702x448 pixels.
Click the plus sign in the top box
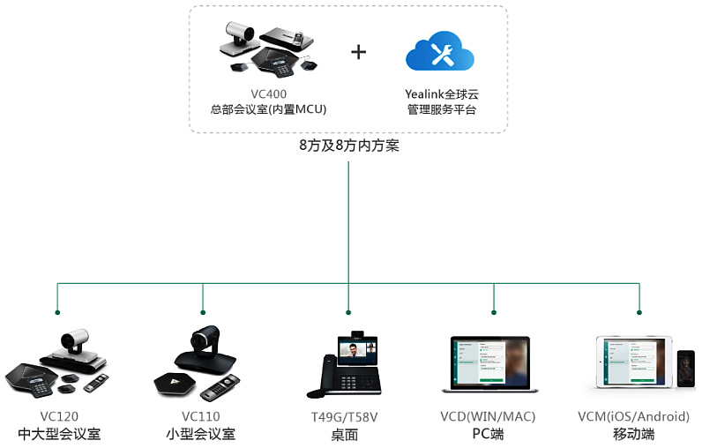358,51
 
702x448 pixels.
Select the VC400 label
268,93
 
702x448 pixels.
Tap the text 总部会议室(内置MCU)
268,109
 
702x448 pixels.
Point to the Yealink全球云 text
442,93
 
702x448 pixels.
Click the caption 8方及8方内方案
349,146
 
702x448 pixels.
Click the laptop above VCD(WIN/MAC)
489,363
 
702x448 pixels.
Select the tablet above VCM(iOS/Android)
632,362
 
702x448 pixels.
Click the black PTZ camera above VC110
204,345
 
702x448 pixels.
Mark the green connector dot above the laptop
493,312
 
